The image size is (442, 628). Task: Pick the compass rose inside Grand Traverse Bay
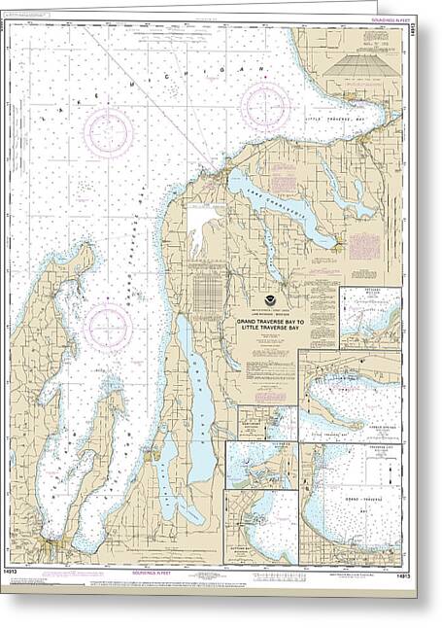(x=107, y=328)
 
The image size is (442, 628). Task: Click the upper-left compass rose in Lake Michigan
(x=108, y=130)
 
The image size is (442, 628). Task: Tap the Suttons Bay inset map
(x=261, y=525)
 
